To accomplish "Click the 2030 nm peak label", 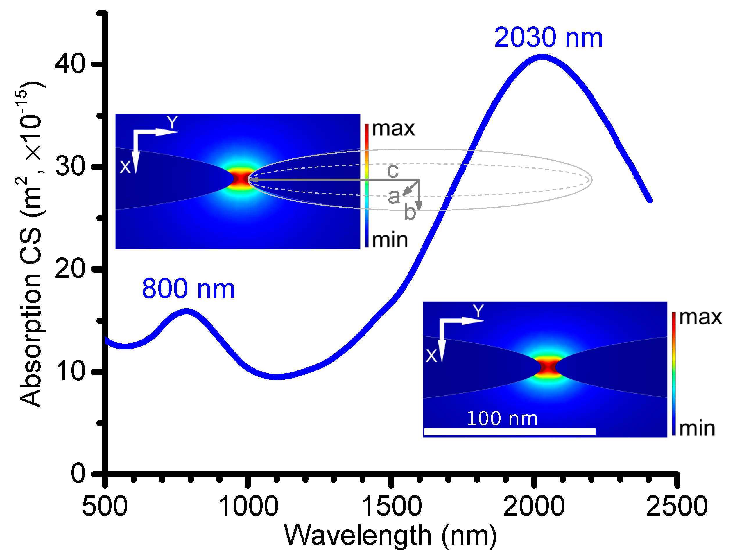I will (x=548, y=37).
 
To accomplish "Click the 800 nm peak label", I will (x=188, y=289).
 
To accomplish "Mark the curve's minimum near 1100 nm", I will (x=276, y=376).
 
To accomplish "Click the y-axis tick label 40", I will (x=70, y=64).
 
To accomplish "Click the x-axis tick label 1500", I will (x=391, y=507).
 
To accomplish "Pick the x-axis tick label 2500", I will (x=677, y=507).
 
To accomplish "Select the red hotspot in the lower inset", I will (x=548, y=367).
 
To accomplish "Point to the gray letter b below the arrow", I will (x=410, y=212).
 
